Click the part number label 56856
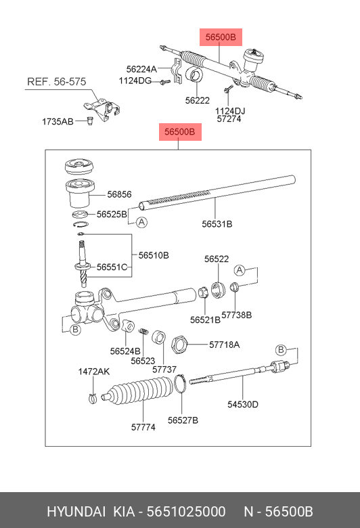(119, 194)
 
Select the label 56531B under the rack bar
(217, 224)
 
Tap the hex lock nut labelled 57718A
(179, 345)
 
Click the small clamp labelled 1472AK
(93, 398)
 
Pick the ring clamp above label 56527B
(181, 384)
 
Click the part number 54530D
(243, 404)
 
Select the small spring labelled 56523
(144, 331)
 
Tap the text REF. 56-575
(57, 82)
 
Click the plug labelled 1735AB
(90, 120)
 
